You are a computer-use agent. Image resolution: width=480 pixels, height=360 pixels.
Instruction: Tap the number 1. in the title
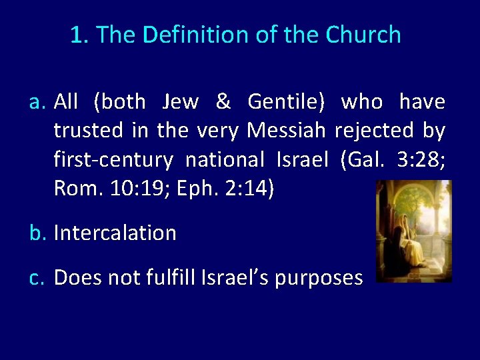click(x=79, y=35)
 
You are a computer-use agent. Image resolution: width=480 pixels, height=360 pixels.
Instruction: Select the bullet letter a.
click(x=37, y=102)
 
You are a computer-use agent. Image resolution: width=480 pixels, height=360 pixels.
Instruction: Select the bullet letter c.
click(x=37, y=277)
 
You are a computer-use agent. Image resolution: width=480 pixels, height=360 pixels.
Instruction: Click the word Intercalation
click(x=115, y=233)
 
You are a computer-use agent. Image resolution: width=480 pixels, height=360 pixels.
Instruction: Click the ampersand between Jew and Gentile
click(x=223, y=102)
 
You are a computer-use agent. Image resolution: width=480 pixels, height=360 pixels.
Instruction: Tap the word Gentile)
click(x=286, y=102)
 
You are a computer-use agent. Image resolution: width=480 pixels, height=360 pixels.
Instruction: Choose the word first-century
click(x=113, y=160)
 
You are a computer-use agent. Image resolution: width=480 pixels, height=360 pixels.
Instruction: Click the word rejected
click(x=374, y=131)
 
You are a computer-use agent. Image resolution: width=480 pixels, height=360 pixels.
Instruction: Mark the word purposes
click(x=320, y=277)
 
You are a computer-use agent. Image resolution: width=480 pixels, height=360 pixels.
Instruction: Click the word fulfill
click(x=174, y=277)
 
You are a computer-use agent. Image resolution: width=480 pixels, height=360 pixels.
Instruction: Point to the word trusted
click(x=88, y=131)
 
